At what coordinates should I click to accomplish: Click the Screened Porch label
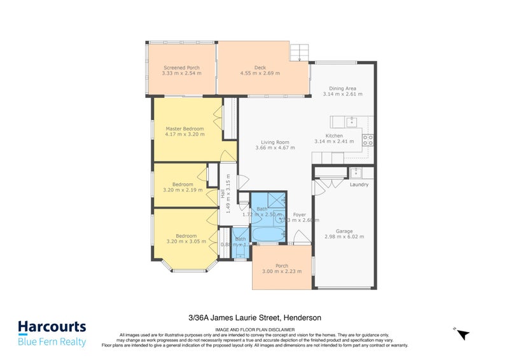tap(181, 67)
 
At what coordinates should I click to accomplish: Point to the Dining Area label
tap(342, 88)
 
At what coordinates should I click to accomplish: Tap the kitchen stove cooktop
tap(368, 139)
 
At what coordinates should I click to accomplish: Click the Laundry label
tap(359, 185)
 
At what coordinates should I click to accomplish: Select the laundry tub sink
tap(357, 172)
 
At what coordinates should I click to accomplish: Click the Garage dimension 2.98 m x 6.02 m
tap(345, 236)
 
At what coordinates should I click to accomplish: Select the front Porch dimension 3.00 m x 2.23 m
tap(282, 272)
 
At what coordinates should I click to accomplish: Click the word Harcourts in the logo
tap(52, 327)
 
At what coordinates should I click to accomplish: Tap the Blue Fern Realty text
tap(52, 342)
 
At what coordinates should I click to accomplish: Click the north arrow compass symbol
tap(463, 333)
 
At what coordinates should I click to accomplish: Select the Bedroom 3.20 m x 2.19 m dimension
tap(182, 190)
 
